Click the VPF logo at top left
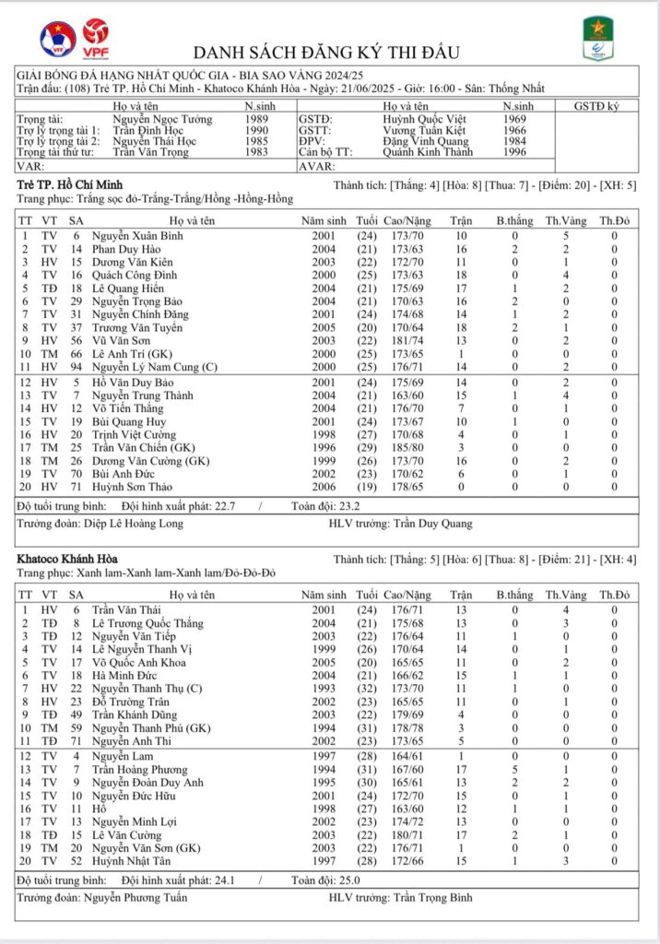(92, 36)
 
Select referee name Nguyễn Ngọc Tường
(162, 120)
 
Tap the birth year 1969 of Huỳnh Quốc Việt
(517, 120)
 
